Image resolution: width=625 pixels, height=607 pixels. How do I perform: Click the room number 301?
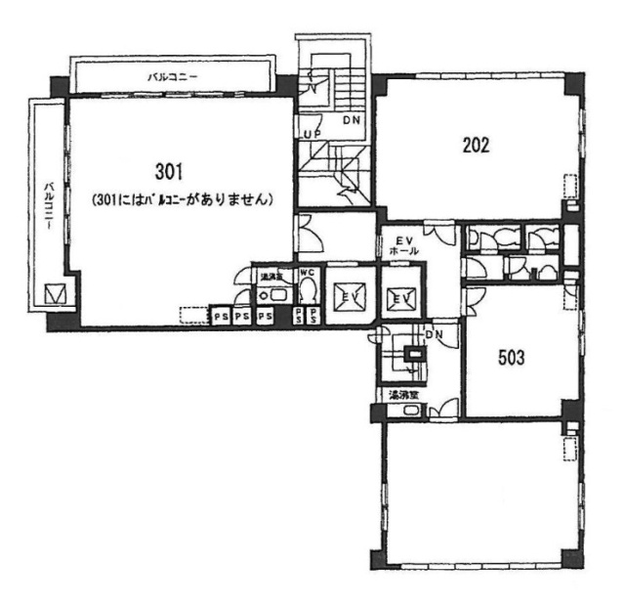pos(169,172)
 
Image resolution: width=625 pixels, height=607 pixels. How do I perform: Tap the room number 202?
pos(476,146)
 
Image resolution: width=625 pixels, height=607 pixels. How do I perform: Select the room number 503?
pos(512,358)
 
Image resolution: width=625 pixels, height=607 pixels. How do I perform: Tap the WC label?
pos(306,273)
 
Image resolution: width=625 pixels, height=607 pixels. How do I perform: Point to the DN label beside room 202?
pos(350,121)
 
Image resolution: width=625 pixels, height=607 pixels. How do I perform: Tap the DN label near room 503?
pos(436,334)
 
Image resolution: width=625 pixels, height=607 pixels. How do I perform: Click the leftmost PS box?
pos(220,317)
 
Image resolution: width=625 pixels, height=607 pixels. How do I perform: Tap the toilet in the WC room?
pos(308,290)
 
